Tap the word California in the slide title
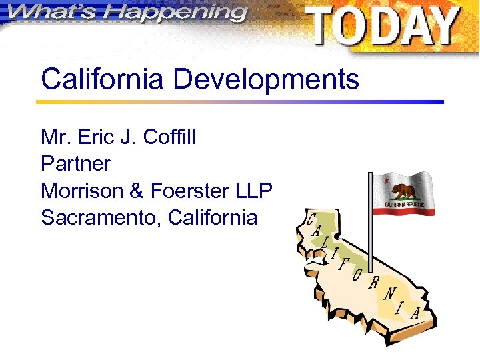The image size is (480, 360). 101,80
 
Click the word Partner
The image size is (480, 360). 75,163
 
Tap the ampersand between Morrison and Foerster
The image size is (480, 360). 137,191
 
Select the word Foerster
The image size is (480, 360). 191,191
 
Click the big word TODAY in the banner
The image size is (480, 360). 383,27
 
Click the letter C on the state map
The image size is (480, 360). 311,219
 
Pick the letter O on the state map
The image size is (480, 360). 358,274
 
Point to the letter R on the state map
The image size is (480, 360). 375,283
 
